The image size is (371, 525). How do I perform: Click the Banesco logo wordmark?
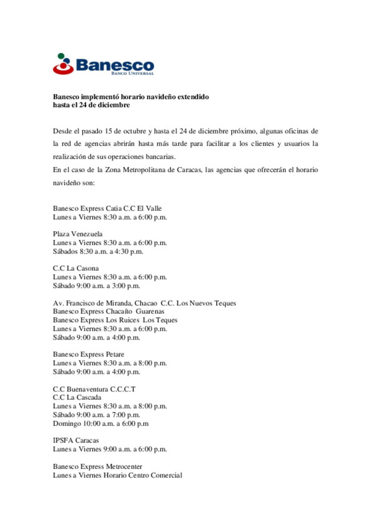coord(115,65)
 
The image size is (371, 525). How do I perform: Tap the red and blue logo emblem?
coord(63,64)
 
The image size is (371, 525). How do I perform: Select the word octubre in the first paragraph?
coord(135,131)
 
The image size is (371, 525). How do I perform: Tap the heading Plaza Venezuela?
coord(78,234)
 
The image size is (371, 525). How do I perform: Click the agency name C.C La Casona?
coord(76,268)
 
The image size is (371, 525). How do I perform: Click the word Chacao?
coord(146,303)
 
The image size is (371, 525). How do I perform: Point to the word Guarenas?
coord(150,312)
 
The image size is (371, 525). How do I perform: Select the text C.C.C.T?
coord(123,389)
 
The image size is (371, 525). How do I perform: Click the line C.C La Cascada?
coord(77,398)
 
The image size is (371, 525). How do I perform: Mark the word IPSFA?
coord(63,440)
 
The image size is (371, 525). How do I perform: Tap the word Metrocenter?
coord(124,467)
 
